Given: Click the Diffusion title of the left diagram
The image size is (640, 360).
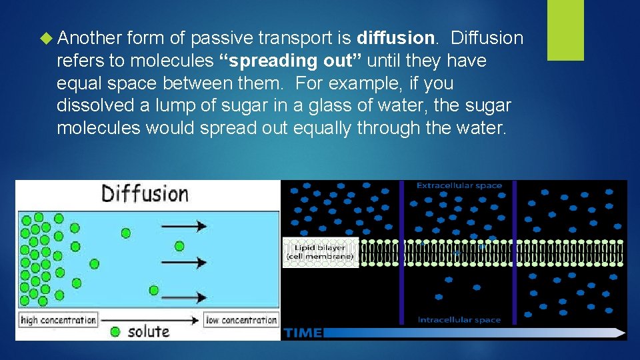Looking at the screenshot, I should [145, 195].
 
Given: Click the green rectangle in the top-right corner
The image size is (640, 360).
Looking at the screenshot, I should [565, 30].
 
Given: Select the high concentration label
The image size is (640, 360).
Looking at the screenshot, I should [59, 320].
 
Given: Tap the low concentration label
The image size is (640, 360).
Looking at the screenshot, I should [241, 320].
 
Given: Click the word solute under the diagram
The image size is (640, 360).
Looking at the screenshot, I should [149, 331].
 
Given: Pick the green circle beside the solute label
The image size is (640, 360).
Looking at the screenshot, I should [116, 331].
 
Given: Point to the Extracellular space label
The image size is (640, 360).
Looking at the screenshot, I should [459, 185].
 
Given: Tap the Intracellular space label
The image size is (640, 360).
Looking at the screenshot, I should [459, 320].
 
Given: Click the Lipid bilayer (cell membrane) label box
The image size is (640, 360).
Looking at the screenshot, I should [321, 253].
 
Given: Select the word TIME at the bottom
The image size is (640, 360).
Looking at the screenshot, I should [303, 332].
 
